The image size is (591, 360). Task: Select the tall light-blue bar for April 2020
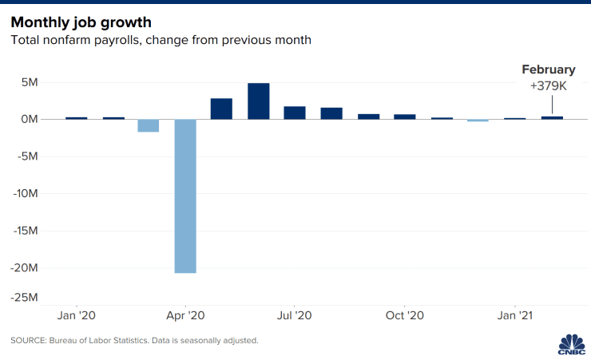click(185, 196)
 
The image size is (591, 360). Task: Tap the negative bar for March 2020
click(149, 125)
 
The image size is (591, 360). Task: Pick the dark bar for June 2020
click(258, 101)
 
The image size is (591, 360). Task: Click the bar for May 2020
click(221, 109)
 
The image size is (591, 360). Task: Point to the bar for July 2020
click(295, 113)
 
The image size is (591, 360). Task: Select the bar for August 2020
click(331, 113)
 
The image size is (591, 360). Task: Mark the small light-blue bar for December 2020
click(478, 121)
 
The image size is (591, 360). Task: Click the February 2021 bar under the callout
click(551, 117)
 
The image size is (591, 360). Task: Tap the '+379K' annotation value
click(549, 85)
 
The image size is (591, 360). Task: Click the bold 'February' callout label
click(549, 70)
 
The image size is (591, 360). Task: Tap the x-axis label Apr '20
click(185, 315)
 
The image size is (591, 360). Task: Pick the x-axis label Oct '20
click(405, 315)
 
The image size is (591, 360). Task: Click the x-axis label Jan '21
click(515, 315)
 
